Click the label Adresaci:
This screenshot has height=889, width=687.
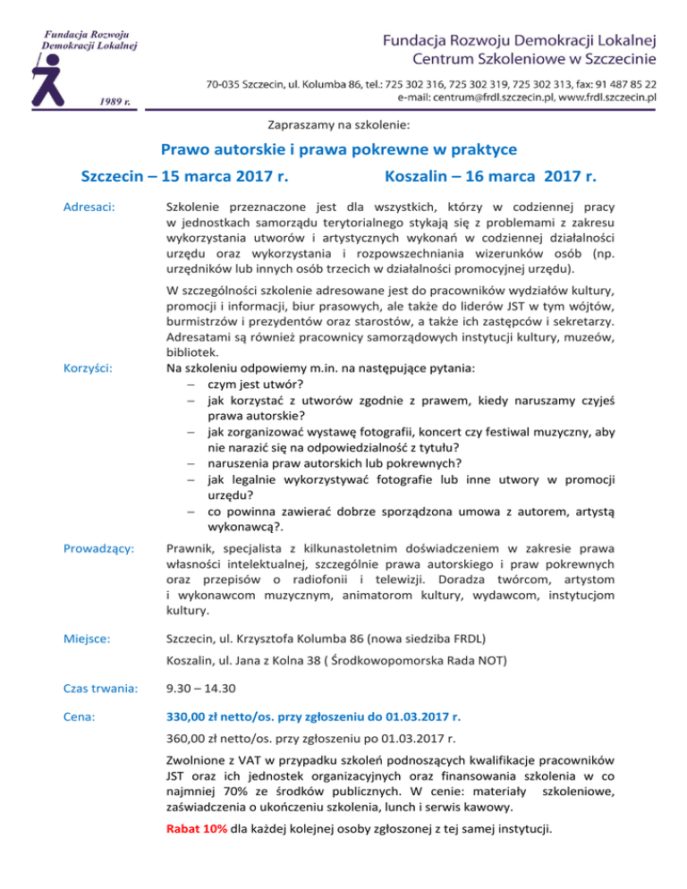tap(88, 207)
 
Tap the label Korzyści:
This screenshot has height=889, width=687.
tap(87, 368)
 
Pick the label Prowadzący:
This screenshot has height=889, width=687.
tap(98, 547)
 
